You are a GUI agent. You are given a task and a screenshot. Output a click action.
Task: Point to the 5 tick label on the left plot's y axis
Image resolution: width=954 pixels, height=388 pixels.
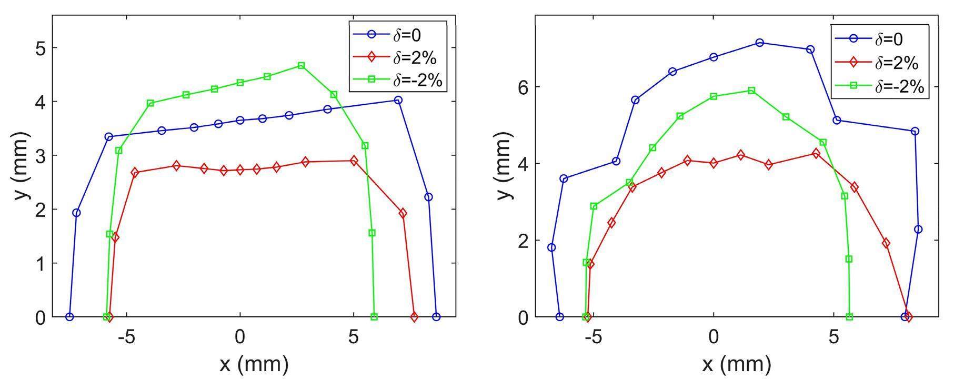pyautogui.click(x=41, y=47)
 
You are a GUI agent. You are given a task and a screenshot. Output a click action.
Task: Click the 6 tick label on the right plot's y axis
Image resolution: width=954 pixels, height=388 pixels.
pyautogui.click(x=523, y=87)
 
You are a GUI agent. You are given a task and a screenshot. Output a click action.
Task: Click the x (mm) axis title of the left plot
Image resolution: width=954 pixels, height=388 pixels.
pyautogui.click(x=254, y=363)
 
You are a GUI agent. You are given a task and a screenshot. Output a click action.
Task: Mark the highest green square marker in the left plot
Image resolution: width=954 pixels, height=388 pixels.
pyautogui.click(x=301, y=66)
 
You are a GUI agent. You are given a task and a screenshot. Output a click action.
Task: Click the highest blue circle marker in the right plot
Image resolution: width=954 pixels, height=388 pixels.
pyautogui.click(x=759, y=43)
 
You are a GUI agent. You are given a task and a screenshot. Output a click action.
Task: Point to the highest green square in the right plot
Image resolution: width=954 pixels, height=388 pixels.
pyautogui.click(x=751, y=91)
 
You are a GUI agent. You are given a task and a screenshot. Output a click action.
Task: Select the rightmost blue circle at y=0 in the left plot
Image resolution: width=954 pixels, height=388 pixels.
pyautogui.click(x=436, y=317)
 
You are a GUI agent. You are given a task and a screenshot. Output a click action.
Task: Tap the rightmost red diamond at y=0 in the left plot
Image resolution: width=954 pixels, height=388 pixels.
pyautogui.click(x=414, y=317)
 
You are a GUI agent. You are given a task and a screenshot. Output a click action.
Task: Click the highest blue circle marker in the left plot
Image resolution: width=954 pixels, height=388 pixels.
pyautogui.click(x=398, y=100)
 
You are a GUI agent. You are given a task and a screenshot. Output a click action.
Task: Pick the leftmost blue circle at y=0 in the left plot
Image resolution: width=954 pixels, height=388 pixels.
pyautogui.click(x=69, y=317)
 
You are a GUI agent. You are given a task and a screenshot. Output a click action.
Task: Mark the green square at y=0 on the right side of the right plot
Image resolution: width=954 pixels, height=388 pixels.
pyautogui.click(x=849, y=317)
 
